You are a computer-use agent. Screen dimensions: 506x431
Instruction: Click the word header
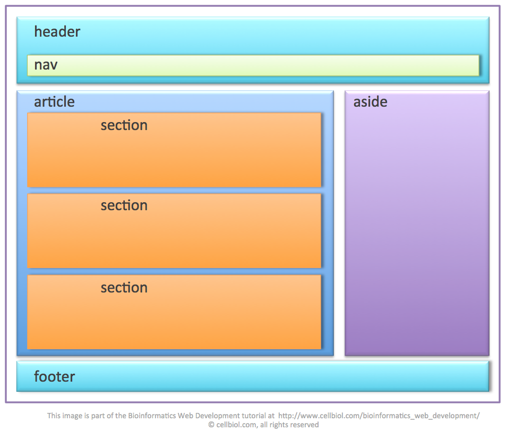(x=57, y=32)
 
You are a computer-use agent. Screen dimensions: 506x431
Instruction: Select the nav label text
(x=46, y=65)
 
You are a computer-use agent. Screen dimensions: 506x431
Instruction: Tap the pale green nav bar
(x=265, y=65)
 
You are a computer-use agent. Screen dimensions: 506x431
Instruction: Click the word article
(x=54, y=102)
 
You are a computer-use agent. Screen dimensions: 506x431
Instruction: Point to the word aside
(x=370, y=102)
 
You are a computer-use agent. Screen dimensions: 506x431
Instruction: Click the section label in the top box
(x=124, y=125)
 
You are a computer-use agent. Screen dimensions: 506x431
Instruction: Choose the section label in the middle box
(x=124, y=205)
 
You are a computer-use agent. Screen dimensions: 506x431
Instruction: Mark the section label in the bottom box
(x=124, y=288)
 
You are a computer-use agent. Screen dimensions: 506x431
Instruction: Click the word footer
(x=54, y=377)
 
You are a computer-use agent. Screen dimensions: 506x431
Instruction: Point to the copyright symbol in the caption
(x=211, y=425)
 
